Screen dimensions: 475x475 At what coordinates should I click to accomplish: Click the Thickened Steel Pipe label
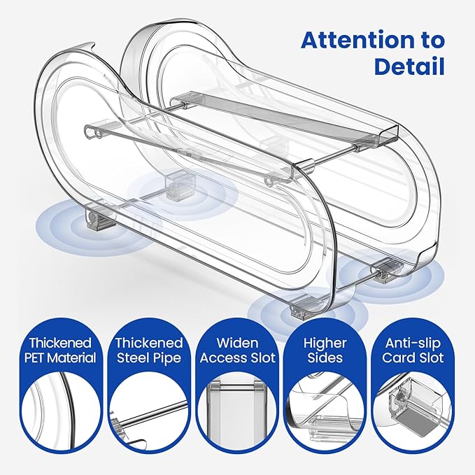(148, 350)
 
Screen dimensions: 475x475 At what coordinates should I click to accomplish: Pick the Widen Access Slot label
(237, 350)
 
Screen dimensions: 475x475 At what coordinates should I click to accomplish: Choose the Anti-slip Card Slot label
(414, 350)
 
